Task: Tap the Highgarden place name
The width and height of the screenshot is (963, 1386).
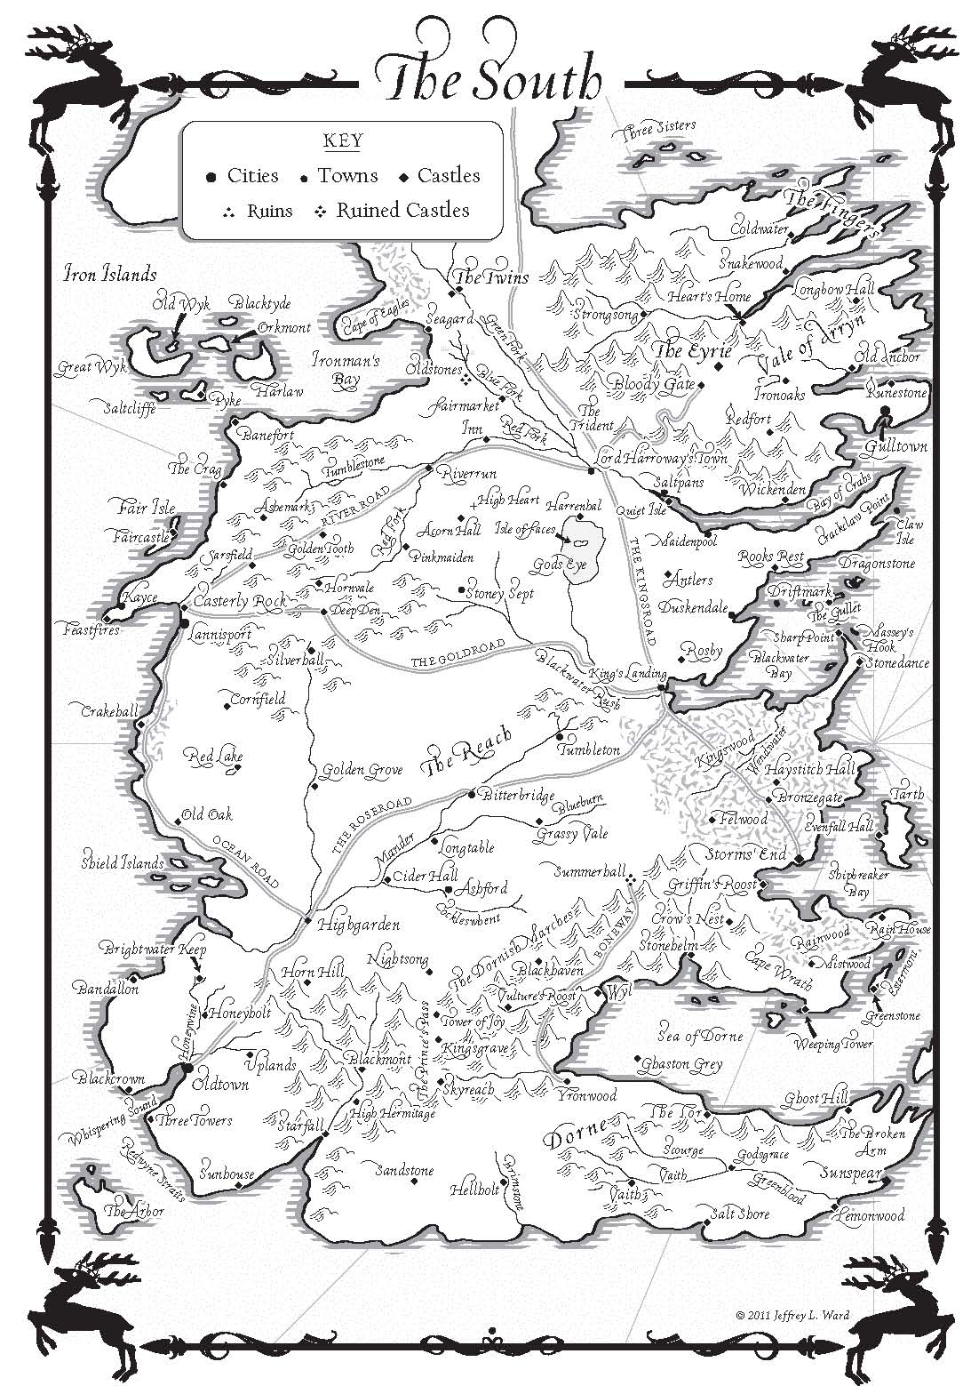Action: tap(358, 924)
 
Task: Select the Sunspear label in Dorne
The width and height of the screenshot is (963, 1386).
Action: tap(849, 1172)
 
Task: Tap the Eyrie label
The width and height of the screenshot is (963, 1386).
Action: tap(680, 351)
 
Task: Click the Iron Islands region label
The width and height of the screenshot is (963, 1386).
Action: tap(109, 274)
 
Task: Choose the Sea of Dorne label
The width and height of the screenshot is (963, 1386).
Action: tap(700, 1036)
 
